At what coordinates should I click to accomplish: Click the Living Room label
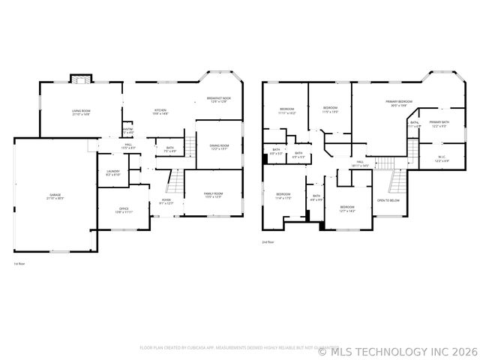[81, 112]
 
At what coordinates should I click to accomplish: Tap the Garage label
[55, 196]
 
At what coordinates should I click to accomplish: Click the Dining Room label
[219, 147]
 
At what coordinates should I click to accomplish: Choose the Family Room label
[213, 195]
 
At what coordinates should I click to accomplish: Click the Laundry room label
[113, 172]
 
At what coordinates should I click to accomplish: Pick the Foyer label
[167, 201]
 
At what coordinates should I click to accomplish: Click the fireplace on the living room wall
[79, 79]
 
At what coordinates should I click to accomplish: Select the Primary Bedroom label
[399, 103]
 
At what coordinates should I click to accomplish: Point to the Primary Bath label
[439, 123]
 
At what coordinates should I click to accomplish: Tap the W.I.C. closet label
[442, 159]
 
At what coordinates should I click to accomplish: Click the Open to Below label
[388, 201]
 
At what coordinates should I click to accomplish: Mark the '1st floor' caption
[19, 264]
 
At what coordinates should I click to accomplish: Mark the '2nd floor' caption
[268, 242]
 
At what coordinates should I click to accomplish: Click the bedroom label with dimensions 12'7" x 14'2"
[346, 209]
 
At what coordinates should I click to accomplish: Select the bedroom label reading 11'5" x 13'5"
[331, 109]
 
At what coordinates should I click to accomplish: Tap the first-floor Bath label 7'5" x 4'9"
[170, 149]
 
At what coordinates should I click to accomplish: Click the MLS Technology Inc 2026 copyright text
[398, 350]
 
